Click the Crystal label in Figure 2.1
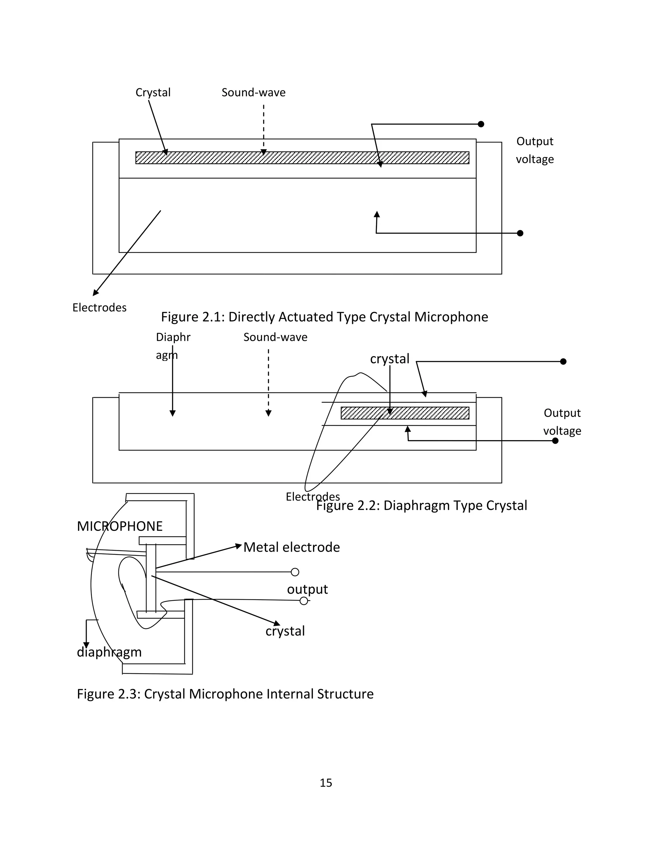click(153, 93)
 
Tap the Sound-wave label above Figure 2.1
click(253, 93)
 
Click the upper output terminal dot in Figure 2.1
click(481, 124)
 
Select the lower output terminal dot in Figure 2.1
click(520, 233)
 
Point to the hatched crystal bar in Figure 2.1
click(302, 158)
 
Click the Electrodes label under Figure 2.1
click(99, 308)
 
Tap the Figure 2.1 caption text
click(324, 317)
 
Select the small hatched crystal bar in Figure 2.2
click(405, 413)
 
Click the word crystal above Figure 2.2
click(389, 359)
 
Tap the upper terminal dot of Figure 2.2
click(563, 361)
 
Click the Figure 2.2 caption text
click(422, 505)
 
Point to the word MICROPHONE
click(120, 526)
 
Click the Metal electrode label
click(292, 547)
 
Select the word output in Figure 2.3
click(307, 589)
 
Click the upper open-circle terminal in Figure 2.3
click(295, 572)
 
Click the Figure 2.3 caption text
click(225, 694)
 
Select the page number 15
click(326, 783)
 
